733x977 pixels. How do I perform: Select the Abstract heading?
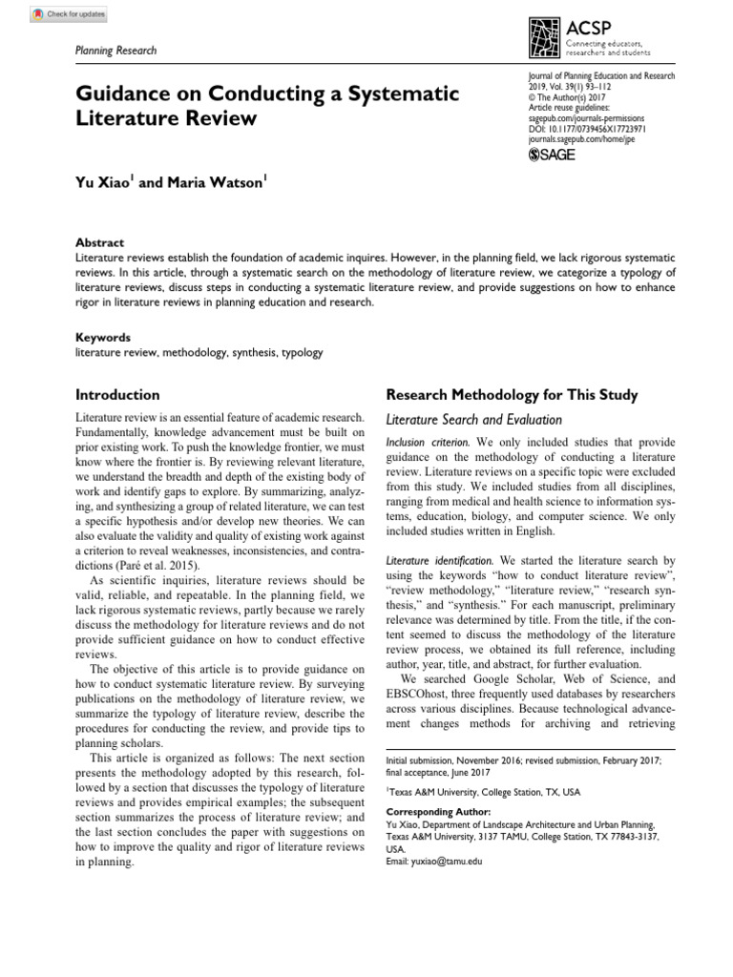coord(99,243)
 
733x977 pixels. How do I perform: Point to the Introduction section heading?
coord(117,394)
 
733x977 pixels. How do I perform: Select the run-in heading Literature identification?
coord(440,561)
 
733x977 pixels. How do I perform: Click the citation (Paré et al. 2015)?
coord(137,566)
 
